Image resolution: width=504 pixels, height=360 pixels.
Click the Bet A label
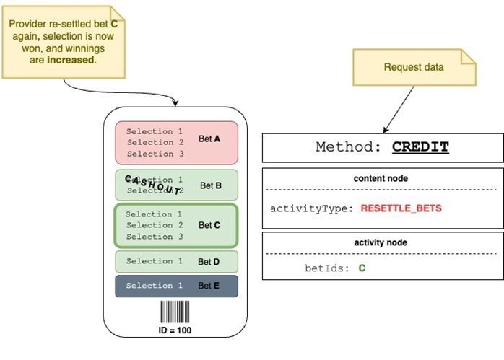209,139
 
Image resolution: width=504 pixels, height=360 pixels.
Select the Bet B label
210,185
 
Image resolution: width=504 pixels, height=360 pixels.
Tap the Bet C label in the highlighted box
209,225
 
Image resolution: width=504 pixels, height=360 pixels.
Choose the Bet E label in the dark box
209,286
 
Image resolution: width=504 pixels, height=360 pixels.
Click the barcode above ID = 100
175,312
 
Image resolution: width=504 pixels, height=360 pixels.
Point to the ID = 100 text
175,330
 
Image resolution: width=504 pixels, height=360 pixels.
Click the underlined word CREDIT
420,147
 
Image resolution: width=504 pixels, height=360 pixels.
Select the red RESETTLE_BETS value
401,208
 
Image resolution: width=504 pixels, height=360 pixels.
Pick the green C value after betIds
362,268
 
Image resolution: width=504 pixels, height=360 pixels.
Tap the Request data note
413,67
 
